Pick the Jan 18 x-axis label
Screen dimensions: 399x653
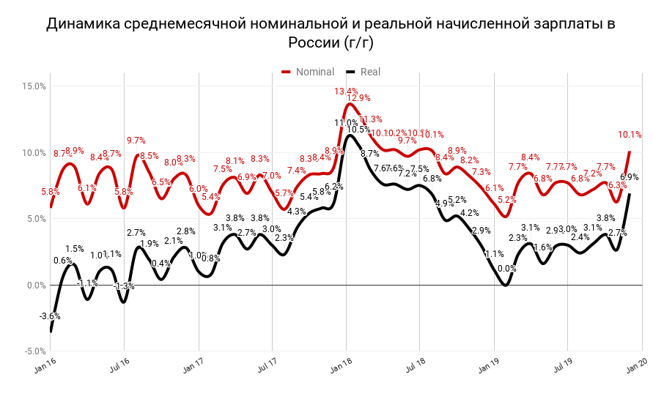[339, 367]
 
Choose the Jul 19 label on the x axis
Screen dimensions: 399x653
[561, 367]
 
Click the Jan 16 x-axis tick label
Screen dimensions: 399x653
[45, 367]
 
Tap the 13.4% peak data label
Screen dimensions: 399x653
[346, 92]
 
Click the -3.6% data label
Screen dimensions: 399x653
[50, 316]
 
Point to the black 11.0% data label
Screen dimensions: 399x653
[346, 123]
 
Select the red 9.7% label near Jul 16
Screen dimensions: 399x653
[136, 141]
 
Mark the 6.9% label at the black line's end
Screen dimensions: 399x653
[630, 177]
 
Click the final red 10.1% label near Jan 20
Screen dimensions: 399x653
[630, 135]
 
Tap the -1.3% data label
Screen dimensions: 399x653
[125, 286]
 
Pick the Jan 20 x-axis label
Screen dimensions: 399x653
[635, 367]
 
